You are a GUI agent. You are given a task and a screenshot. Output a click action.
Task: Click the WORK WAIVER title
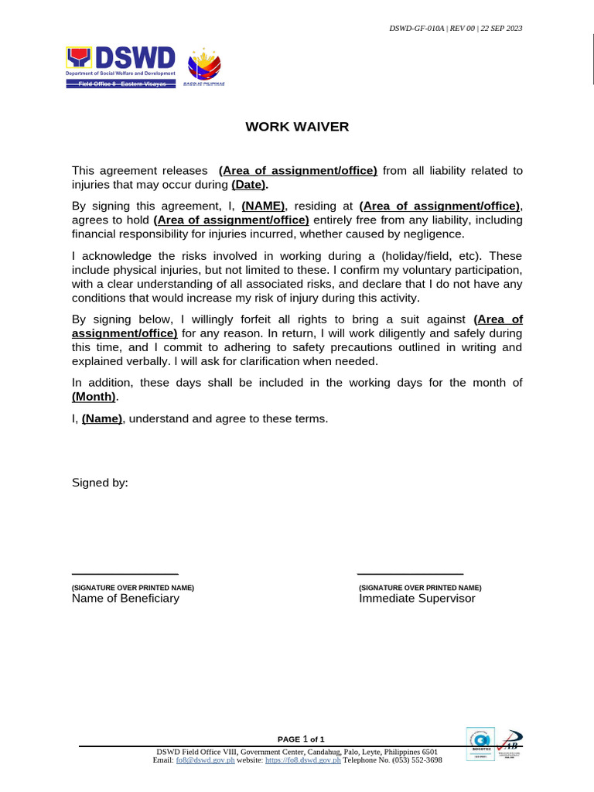coord(297,127)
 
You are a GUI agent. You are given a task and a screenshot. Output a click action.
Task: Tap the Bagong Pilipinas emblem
coord(204,66)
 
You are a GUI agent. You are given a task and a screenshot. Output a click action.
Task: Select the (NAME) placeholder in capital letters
coord(264,206)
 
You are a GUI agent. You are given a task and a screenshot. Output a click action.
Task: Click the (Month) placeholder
coord(94,397)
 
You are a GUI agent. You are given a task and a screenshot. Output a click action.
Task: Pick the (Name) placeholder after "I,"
coord(102,418)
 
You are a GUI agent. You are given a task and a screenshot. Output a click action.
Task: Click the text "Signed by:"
coord(100,483)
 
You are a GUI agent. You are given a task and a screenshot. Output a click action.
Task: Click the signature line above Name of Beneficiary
coord(125,574)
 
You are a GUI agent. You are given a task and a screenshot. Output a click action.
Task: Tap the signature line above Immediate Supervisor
coord(410,574)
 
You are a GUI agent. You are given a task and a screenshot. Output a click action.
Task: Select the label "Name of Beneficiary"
coord(125,599)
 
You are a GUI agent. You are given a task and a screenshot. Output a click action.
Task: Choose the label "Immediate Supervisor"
coord(417,599)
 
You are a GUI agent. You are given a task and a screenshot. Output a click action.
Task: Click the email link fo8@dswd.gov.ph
coord(205,760)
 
